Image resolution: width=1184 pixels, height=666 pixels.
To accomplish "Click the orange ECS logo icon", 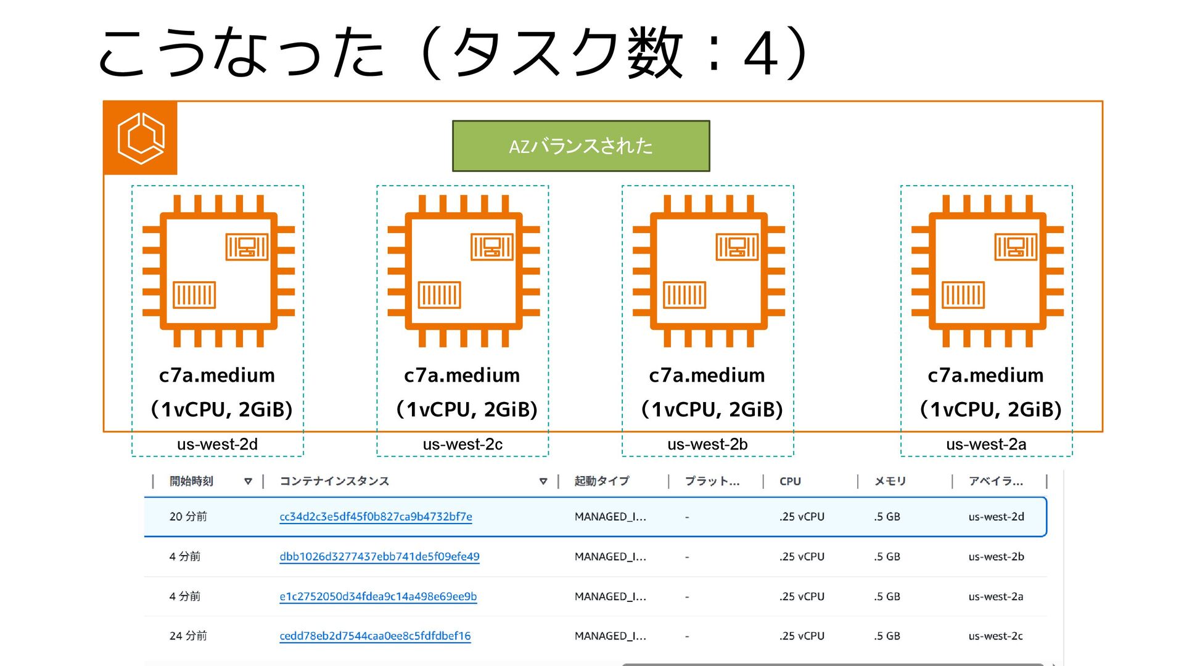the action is coord(141,138).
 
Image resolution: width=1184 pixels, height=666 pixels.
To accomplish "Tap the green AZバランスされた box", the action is coord(581,146).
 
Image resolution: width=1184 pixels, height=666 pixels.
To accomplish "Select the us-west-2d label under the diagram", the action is coord(217,444).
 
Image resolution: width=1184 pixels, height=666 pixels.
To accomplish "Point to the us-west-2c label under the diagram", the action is coord(462,444).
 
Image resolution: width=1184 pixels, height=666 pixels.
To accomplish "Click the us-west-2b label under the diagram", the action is coord(707,444).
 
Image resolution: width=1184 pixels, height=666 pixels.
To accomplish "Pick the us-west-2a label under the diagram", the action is coord(986,444).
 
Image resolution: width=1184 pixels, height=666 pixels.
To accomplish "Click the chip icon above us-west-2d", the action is coord(218,271).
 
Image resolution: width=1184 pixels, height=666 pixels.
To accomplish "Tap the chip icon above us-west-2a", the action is coord(987,271).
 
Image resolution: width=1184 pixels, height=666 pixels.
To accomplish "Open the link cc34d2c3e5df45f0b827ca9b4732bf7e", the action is coord(376,517).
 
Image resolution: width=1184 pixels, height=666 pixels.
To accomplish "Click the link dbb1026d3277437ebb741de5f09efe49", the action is coord(379,557).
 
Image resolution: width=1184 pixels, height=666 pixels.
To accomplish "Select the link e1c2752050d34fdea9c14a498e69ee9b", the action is coord(378,596).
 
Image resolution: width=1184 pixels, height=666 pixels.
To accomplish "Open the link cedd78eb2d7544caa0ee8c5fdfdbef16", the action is coord(375,636).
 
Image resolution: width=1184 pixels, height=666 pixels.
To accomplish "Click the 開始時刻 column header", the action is coord(191,481).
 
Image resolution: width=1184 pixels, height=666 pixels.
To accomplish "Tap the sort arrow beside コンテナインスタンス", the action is coord(543,481).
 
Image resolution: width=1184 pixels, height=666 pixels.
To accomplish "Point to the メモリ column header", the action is coord(890,481).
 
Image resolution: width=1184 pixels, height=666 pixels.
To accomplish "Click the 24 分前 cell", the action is coord(188,636).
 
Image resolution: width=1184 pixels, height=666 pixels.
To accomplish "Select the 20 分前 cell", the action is coord(188,517).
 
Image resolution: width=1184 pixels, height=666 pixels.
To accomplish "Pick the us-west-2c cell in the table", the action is coord(995,636).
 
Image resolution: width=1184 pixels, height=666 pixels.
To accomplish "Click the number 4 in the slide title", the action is coord(760,54).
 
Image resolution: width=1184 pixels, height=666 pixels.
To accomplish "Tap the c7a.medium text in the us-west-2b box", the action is coord(707,375).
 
